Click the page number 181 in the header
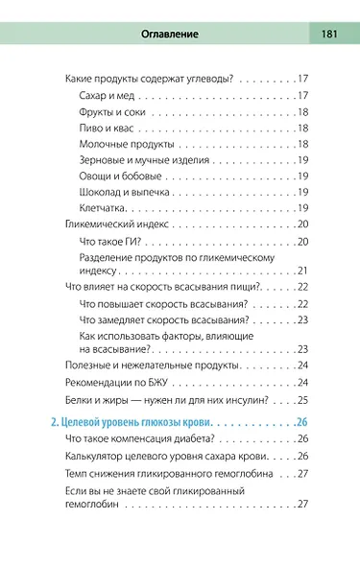click(x=328, y=35)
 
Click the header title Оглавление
click(x=169, y=35)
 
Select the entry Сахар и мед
click(x=108, y=95)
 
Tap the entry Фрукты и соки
click(x=114, y=112)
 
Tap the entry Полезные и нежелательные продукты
click(x=152, y=366)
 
